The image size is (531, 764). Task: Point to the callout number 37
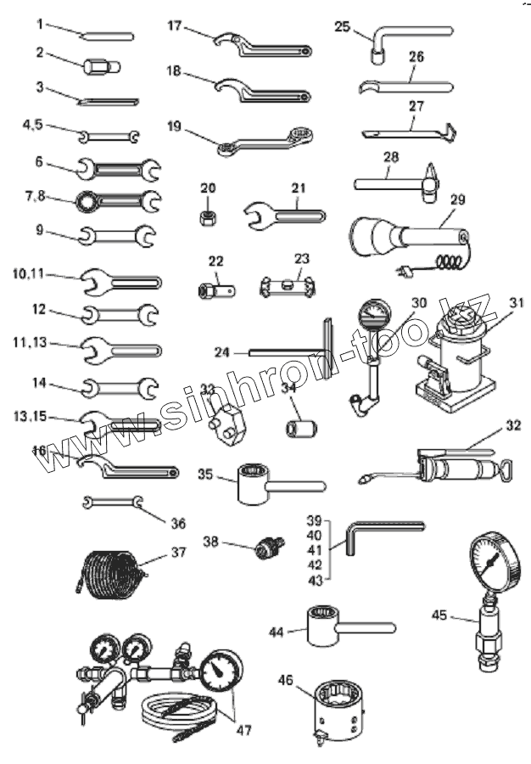tap(177, 552)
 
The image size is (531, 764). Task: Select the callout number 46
tap(285, 680)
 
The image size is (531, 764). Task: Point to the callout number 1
tap(40, 24)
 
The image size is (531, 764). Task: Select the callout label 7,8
tap(36, 196)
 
